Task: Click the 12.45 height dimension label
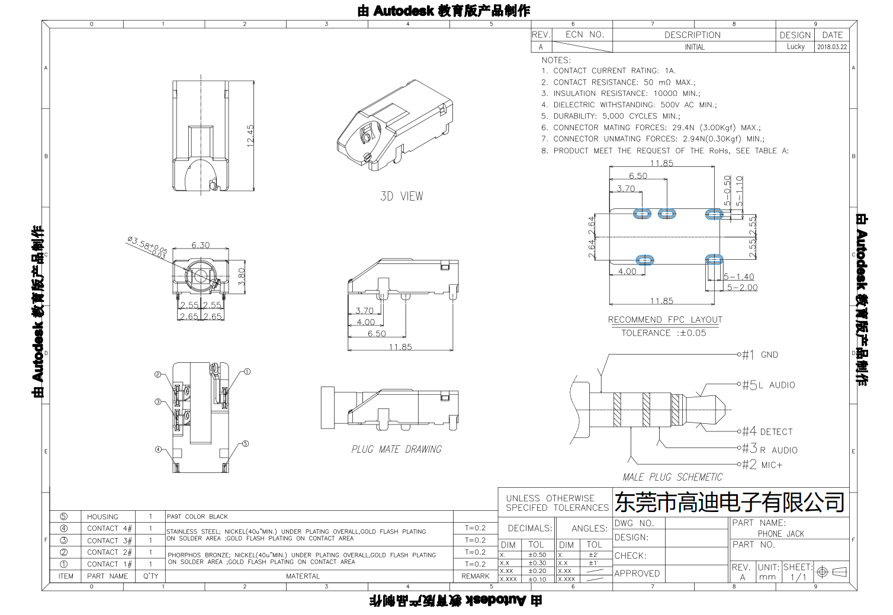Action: [250, 136]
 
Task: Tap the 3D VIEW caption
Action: [401, 196]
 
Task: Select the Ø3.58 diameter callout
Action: [147, 246]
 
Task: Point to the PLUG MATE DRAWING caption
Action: [396, 449]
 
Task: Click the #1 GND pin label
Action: [760, 355]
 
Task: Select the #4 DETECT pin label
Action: [767, 432]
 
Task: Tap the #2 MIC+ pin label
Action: [763, 465]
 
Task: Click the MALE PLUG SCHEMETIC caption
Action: [672, 477]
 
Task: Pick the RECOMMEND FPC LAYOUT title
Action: [665, 320]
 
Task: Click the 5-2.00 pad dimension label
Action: [742, 288]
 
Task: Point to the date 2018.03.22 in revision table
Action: [832, 47]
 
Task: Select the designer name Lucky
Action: [795, 47]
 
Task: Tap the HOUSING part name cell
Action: [102, 517]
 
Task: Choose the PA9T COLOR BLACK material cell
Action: [197, 517]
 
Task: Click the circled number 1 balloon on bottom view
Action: [247, 372]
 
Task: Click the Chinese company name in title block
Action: [730, 503]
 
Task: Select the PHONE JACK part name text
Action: [781, 534]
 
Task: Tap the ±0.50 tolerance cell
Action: [537, 555]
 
